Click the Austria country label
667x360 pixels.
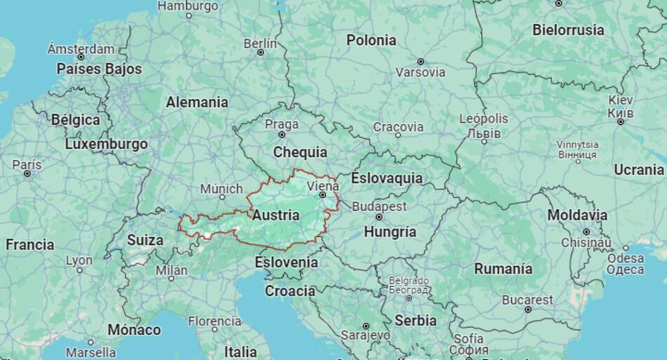coord(276,215)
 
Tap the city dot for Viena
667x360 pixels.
coord(322,195)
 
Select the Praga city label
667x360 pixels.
coord(282,124)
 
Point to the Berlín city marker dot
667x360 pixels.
coord(260,52)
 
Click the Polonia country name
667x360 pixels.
coord(371,40)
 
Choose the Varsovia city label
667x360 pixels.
coord(420,72)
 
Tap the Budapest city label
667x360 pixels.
coord(379,206)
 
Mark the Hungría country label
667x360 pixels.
coord(391,232)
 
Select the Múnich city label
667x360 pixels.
coord(221,189)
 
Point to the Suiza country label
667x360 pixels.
coord(145,240)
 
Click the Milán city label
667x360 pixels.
coord(171,270)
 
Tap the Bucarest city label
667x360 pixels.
coord(527,300)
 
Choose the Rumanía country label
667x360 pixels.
coord(503,269)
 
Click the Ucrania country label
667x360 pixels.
coord(638,169)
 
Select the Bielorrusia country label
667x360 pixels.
coord(568,30)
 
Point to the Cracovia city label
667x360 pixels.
coord(398,127)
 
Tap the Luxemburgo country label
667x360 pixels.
coord(106,144)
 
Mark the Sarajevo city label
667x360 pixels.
coord(365,335)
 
